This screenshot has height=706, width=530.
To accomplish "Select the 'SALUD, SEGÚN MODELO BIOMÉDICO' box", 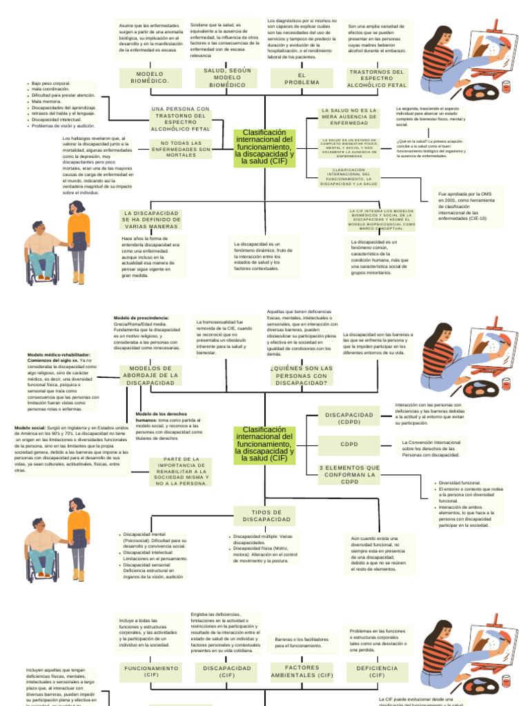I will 227,78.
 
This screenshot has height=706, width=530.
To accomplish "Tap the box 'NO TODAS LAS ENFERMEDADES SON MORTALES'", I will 181,149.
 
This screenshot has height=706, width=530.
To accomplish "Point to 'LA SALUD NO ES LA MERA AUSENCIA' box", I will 349,117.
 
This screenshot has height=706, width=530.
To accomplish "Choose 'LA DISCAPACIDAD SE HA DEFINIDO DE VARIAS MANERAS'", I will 151,220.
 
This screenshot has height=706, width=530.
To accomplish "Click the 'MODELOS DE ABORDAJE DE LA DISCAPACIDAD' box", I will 150,376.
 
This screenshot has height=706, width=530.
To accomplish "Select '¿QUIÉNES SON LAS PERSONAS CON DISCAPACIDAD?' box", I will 301,376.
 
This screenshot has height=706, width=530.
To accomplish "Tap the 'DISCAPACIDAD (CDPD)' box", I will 349,418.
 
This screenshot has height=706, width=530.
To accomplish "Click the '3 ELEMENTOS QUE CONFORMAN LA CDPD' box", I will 349,474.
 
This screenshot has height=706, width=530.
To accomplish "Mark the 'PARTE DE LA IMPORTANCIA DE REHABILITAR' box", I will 181,471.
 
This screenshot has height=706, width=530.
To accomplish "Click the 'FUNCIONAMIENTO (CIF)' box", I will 151,672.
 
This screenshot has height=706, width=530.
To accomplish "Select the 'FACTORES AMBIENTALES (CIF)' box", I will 301,672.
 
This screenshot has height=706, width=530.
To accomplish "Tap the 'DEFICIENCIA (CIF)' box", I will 377,672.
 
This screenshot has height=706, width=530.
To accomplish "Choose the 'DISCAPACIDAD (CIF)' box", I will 227,672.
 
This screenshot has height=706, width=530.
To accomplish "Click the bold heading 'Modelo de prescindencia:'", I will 141,318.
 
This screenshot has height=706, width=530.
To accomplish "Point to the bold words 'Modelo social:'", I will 30,427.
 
